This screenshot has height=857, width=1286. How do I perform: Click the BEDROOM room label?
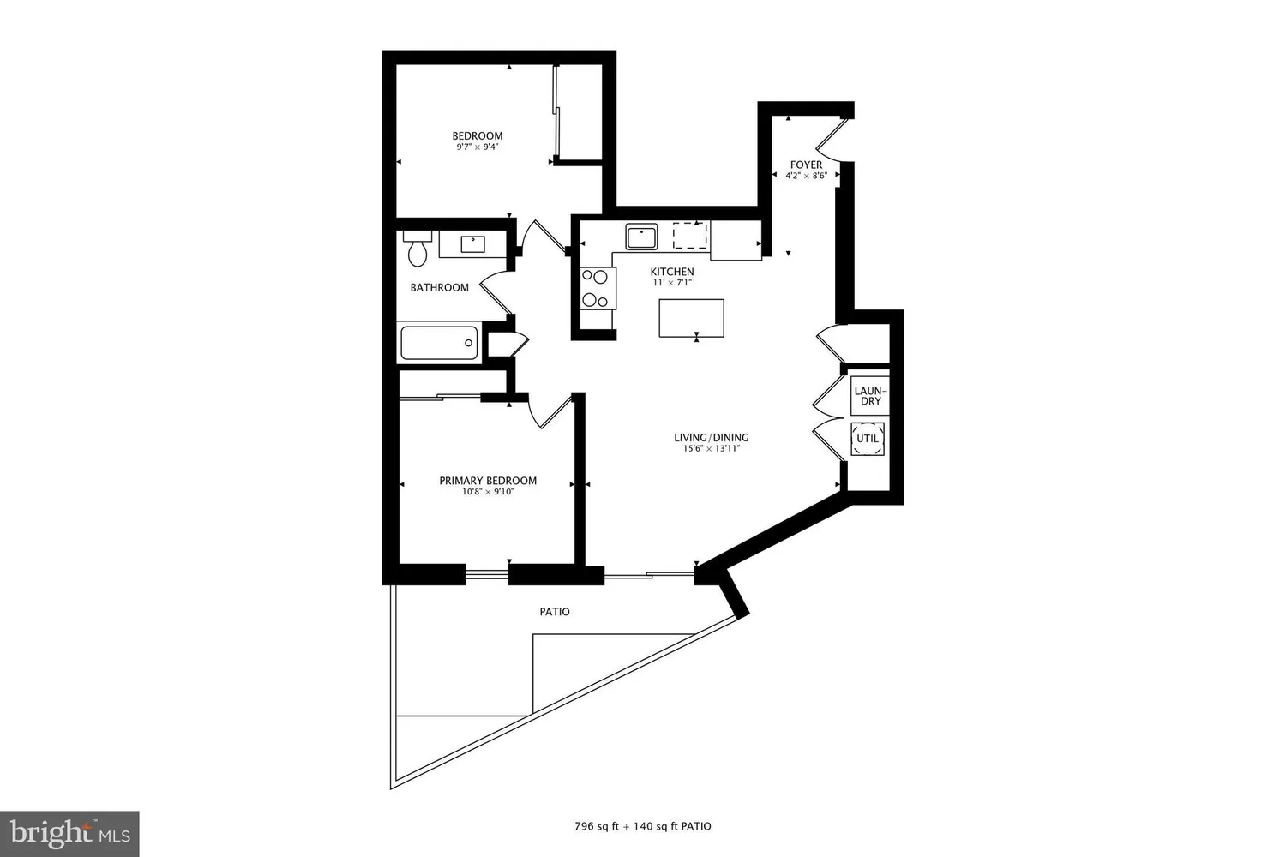click(478, 135)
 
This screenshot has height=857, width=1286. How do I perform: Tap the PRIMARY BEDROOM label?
click(488, 481)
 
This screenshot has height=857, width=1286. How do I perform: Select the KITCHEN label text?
click(671, 272)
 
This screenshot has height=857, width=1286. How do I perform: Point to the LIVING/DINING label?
click(711, 437)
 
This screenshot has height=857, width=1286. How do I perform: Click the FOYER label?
click(806, 165)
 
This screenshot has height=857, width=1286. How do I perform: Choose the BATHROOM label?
click(439, 287)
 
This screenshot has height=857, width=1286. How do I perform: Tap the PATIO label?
click(555, 612)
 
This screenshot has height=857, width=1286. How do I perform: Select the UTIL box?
click(868, 439)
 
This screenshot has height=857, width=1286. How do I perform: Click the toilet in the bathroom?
click(418, 249)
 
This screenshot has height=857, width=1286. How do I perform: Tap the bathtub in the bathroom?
click(439, 344)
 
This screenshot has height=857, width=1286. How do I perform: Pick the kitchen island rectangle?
click(691, 318)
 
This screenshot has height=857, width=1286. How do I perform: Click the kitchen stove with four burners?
click(596, 288)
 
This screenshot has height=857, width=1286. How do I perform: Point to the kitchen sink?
click(640, 236)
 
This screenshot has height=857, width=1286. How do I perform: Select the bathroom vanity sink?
click(472, 244)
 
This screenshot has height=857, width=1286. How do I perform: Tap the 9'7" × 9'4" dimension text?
click(478, 147)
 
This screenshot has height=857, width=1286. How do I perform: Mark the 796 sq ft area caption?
click(642, 827)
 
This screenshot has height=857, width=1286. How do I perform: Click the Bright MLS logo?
click(69, 833)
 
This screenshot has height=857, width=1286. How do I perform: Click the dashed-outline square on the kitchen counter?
click(690, 235)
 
